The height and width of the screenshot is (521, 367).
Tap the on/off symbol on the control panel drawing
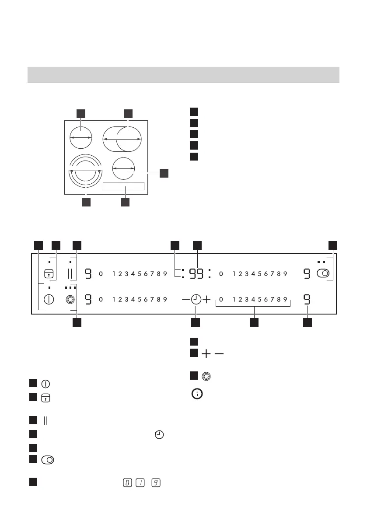pyautogui.click(x=49, y=300)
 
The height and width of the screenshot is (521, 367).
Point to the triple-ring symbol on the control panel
pyautogui.click(x=69, y=300)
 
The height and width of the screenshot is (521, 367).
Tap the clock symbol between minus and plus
pyautogui.click(x=196, y=300)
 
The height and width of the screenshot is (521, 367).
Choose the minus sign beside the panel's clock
pyautogui.click(x=186, y=300)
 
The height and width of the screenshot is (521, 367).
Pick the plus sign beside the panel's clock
pyautogui.click(x=206, y=300)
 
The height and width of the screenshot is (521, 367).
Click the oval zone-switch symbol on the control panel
pyautogui.click(x=323, y=274)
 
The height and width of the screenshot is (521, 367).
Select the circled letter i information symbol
pyautogui.click(x=198, y=394)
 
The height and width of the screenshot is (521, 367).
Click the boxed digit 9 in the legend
pyautogui.click(x=156, y=481)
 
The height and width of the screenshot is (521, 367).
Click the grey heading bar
pyautogui.click(x=183, y=75)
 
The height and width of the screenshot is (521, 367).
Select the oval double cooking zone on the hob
pyautogui.click(x=122, y=138)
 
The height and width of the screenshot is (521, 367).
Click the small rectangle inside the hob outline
pyautogui.click(x=123, y=186)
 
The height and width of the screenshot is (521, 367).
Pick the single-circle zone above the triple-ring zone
pyautogui.click(x=81, y=137)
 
